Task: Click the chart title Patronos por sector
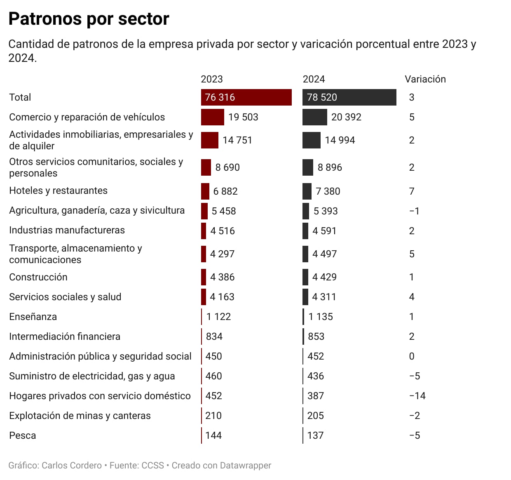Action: [89, 19]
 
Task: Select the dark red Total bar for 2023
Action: [246, 97]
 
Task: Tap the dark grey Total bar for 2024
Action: [349, 97]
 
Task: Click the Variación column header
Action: [425, 79]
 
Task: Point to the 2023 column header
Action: [211, 79]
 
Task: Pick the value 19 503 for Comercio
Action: [243, 117]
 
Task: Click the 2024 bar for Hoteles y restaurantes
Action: [307, 191]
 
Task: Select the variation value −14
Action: [417, 396]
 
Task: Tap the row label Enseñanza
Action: [33, 317]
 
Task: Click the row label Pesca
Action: [23, 435]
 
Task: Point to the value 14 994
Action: [340, 140]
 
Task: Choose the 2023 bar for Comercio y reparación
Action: [213, 117]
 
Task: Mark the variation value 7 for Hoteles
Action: [412, 191]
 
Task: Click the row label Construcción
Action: [38, 277]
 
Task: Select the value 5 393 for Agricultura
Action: [325, 211]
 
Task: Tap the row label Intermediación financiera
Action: [65, 336]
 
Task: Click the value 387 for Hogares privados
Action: [315, 396]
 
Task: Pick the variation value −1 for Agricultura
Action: [414, 211]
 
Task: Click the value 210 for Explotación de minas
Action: [213, 416]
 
